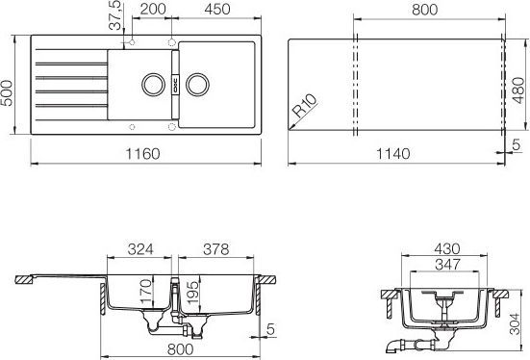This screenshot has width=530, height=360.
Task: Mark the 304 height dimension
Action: pos(520,324)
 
